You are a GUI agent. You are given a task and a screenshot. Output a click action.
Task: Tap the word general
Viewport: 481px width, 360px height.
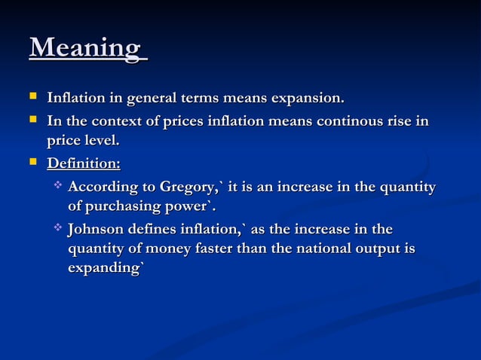[x=151, y=98]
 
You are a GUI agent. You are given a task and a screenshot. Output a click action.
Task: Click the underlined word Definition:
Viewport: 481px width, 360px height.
[x=83, y=163]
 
